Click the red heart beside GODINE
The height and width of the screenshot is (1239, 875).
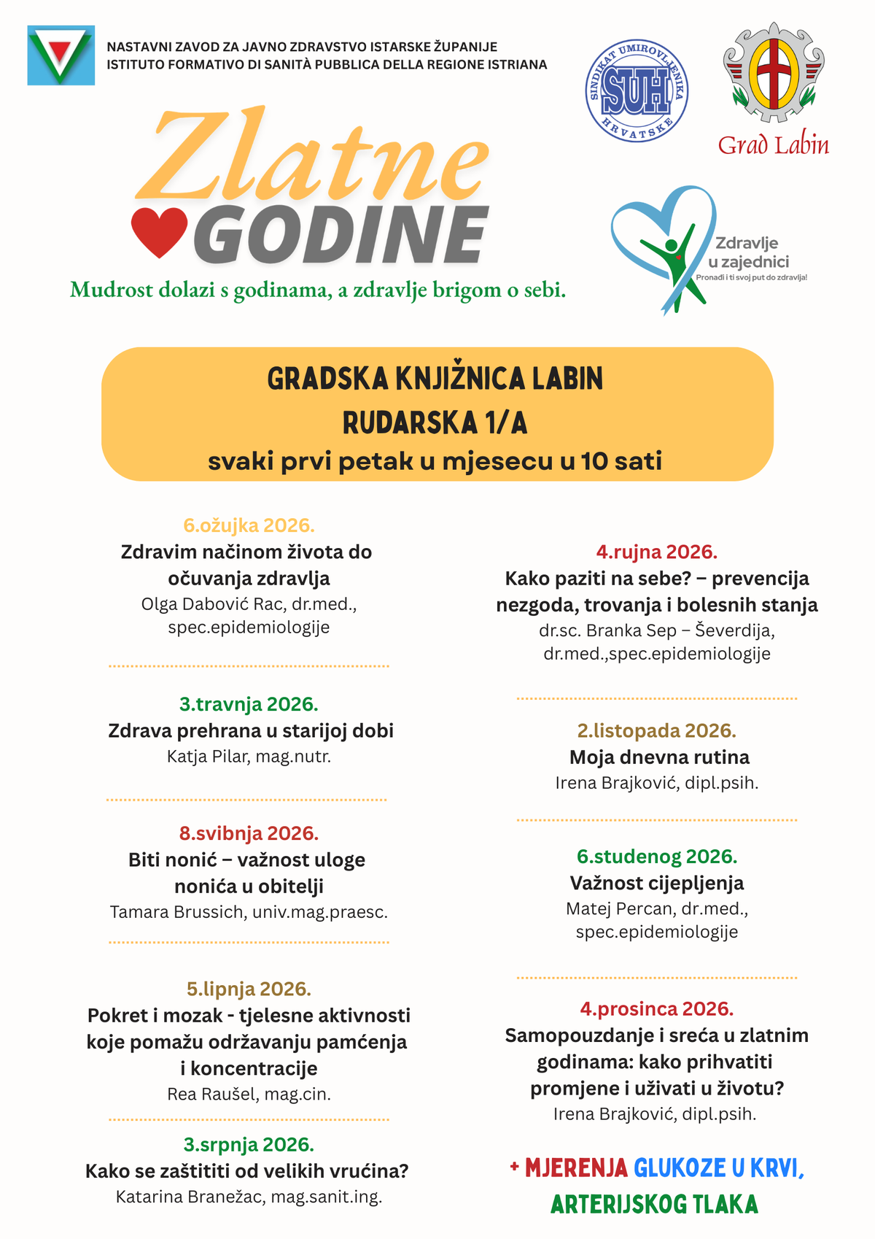(x=159, y=233)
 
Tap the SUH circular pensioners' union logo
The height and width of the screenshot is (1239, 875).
(x=637, y=90)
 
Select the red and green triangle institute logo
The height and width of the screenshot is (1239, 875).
(x=61, y=55)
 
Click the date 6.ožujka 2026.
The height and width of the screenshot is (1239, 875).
(x=249, y=525)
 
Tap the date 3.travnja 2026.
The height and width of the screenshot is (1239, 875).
(x=249, y=704)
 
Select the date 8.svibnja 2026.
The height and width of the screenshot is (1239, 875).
(x=249, y=833)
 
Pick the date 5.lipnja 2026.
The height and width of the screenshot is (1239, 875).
(x=249, y=989)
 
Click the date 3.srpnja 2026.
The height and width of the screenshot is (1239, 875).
(x=249, y=1144)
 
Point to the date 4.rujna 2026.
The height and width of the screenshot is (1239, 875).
(x=656, y=552)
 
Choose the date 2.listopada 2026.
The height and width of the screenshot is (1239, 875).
(x=656, y=730)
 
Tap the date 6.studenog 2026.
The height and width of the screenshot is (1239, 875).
(x=656, y=856)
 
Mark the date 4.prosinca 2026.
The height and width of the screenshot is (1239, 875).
(x=656, y=1008)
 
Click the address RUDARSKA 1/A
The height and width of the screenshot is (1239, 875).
(x=435, y=422)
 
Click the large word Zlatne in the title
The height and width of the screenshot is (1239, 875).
(x=310, y=157)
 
